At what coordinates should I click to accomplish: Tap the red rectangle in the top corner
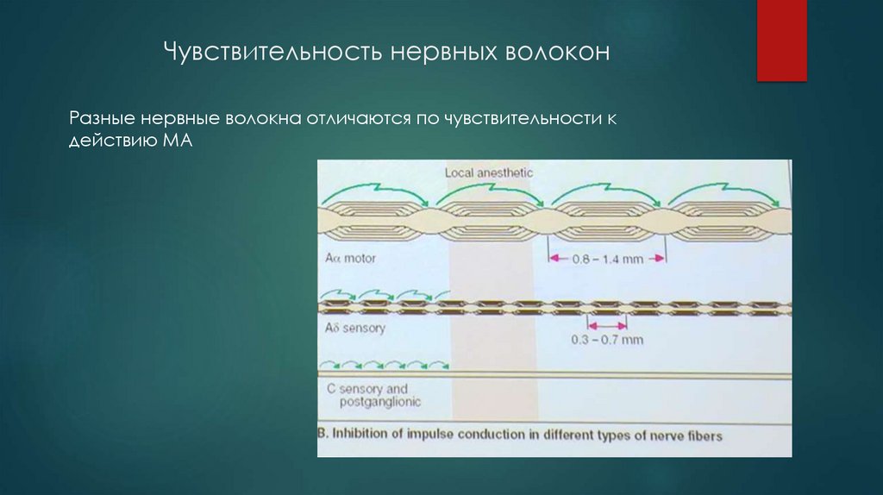(781, 41)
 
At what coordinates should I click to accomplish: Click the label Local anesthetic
(489, 172)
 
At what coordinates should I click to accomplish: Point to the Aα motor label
(352, 258)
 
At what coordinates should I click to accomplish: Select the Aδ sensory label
(356, 328)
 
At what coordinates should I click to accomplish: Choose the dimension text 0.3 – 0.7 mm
(607, 340)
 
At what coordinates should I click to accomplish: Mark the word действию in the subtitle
(109, 141)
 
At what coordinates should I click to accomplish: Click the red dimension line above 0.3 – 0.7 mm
(607, 325)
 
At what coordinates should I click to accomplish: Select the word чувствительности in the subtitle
(516, 117)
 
